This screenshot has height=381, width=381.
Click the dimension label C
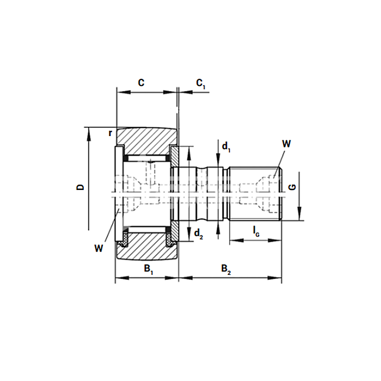[x=141, y=83]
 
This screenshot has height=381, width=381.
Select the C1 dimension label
[x=201, y=84]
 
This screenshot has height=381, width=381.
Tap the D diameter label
[x=80, y=187]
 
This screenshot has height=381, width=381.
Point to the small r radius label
[x=110, y=133]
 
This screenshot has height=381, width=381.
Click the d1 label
[x=226, y=147]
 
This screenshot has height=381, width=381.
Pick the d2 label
[x=198, y=234]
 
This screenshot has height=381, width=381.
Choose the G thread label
[x=292, y=187]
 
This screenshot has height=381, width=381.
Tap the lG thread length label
[x=256, y=231]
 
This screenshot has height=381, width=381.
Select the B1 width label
[x=149, y=269]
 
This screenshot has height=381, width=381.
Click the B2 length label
[x=226, y=269]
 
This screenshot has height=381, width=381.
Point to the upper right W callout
[x=286, y=144]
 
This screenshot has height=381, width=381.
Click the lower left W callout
[x=99, y=248]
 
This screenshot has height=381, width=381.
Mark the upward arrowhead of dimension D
[x=88, y=134]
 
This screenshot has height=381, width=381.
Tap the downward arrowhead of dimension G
[x=299, y=213]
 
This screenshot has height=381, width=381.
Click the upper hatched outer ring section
[x=146, y=141]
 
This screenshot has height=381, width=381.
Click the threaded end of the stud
[x=256, y=194]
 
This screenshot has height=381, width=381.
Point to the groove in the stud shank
[x=202, y=194]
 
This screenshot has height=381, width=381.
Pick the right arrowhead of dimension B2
[x=274, y=278]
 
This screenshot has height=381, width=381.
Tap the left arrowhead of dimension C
[x=124, y=93]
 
